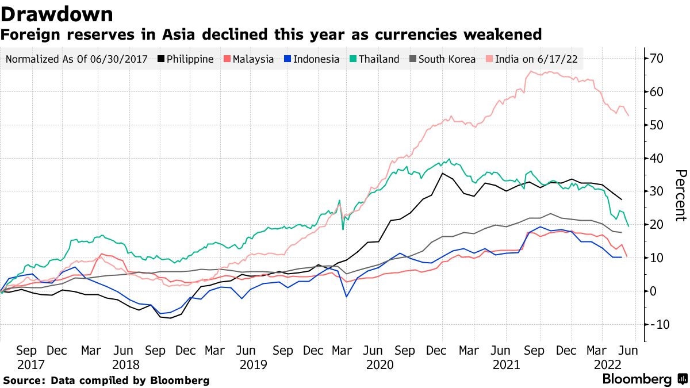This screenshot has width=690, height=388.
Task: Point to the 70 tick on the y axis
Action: point(657,58)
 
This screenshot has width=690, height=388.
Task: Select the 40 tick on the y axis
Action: point(657,158)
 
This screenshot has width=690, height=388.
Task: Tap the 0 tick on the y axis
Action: point(653,291)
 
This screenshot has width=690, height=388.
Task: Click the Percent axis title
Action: point(681,195)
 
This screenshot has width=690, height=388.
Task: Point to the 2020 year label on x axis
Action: point(379,364)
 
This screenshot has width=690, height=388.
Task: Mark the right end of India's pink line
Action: point(628,116)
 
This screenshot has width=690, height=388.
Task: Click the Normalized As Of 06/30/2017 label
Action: point(77,59)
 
